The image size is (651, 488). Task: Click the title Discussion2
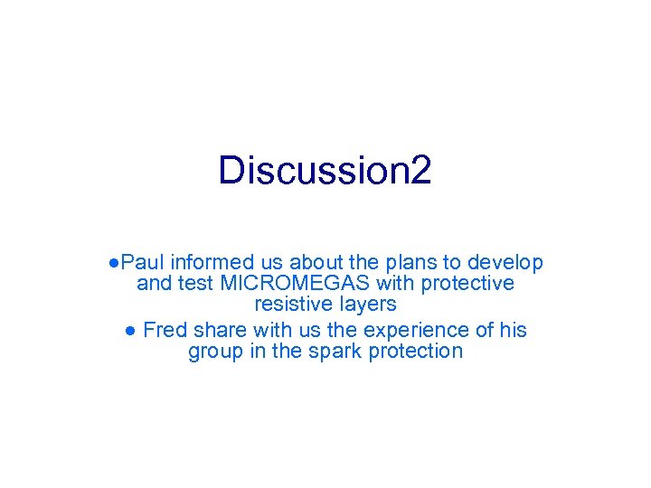[x=325, y=170]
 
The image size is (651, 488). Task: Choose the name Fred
[x=165, y=330]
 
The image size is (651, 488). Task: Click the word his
[x=512, y=330]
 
